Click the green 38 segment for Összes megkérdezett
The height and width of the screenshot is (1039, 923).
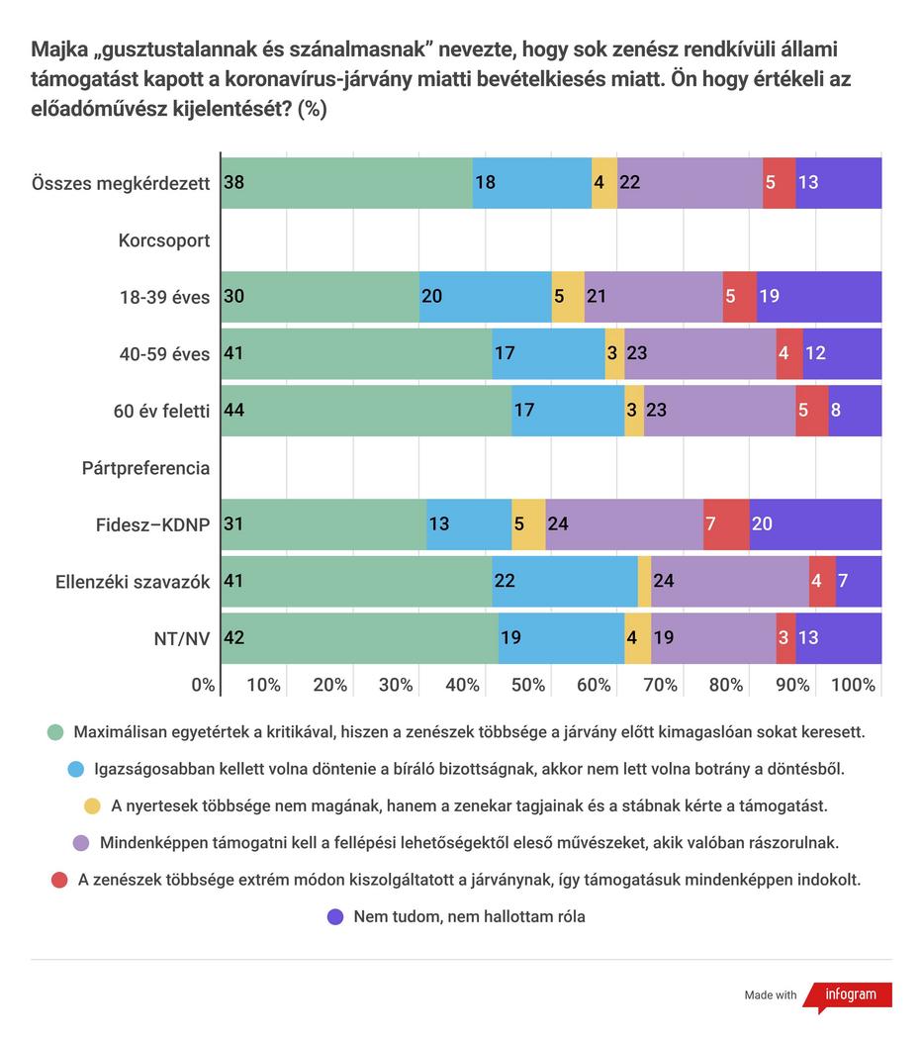click(x=346, y=183)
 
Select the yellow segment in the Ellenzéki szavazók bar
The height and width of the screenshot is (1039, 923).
click(x=644, y=581)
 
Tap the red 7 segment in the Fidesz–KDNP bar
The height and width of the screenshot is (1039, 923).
click(x=726, y=524)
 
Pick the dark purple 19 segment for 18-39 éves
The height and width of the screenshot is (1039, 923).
click(x=819, y=296)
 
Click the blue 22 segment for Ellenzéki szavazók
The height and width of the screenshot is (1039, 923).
click(x=565, y=581)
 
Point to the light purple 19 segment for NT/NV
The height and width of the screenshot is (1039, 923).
click(x=713, y=638)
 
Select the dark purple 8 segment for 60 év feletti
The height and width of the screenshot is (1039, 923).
click(x=855, y=411)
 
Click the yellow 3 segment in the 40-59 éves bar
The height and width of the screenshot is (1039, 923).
click(x=614, y=353)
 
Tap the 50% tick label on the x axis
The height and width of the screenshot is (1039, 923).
click(x=528, y=685)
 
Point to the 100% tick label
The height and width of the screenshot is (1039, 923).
click(x=854, y=685)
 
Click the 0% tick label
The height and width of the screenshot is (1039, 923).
click(x=203, y=685)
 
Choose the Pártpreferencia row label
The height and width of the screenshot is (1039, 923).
click(x=145, y=468)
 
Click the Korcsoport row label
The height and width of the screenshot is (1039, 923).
click(x=163, y=240)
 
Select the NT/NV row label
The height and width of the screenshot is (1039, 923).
click(x=182, y=639)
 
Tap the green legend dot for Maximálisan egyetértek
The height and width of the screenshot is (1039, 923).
click(x=55, y=732)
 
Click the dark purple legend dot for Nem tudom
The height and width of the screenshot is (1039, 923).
click(x=335, y=917)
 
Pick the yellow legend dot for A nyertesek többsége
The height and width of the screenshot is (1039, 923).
click(x=92, y=805)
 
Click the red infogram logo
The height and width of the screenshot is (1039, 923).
click(x=848, y=995)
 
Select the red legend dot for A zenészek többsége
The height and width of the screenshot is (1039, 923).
click(x=59, y=880)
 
